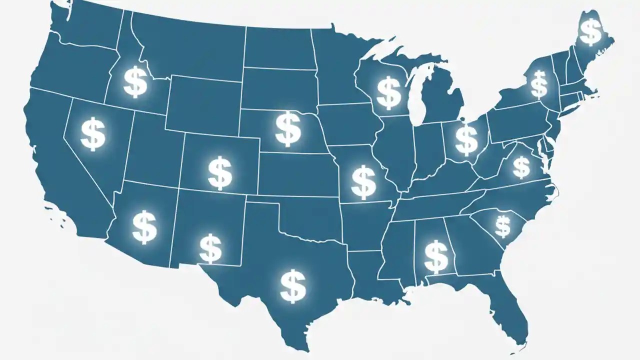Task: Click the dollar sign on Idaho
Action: tap(135, 83)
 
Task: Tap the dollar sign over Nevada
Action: tap(93, 133)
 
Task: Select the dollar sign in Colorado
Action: tap(219, 172)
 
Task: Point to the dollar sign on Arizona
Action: tap(144, 227)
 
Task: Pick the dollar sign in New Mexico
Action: tap(210, 248)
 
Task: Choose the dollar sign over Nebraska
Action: tap(288, 129)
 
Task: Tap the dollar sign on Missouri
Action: tap(363, 182)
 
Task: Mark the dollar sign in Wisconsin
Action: tap(388, 92)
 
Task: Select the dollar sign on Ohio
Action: tap(466, 139)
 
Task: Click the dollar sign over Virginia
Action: tap(521, 167)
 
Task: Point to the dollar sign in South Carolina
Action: tap(502, 226)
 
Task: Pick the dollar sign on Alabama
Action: tap(436, 256)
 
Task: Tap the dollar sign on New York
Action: tap(538, 84)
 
